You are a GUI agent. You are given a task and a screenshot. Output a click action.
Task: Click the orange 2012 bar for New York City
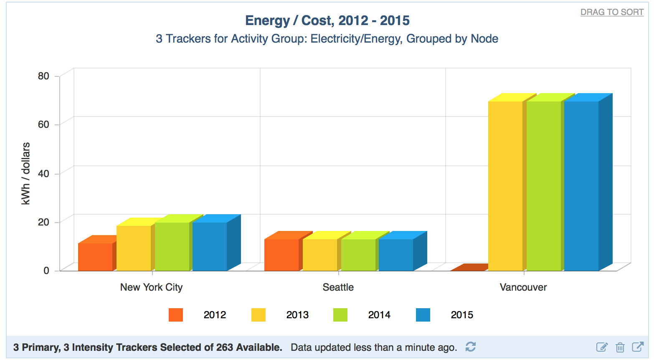(x=95, y=257)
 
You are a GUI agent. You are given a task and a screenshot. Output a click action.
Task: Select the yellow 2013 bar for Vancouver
(x=505, y=186)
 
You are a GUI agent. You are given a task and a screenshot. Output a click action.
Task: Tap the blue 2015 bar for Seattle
(x=396, y=255)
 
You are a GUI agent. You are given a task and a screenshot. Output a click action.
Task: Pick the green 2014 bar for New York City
(x=172, y=246)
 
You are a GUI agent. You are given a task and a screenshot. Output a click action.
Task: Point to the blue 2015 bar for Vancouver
(x=581, y=186)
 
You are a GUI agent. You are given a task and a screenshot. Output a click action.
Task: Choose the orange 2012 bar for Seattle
(x=281, y=255)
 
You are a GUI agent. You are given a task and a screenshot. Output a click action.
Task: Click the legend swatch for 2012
(x=176, y=315)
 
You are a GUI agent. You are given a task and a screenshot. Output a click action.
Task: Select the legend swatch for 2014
(x=340, y=315)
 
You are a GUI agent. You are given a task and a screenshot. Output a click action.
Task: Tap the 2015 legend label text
(x=462, y=315)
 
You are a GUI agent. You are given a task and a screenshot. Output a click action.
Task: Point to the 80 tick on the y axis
(x=43, y=76)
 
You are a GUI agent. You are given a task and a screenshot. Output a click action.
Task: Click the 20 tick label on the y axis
(x=43, y=222)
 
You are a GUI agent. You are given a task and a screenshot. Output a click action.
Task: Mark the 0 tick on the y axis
(x=46, y=271)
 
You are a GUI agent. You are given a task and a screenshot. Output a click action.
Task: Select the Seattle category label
(x=338, y=287)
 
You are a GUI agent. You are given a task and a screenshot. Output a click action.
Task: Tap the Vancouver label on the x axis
(x=523, y=287)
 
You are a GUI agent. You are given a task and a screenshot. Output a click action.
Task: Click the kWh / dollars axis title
(x=26, y=173)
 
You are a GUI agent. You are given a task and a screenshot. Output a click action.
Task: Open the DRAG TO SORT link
(x=612, y=12)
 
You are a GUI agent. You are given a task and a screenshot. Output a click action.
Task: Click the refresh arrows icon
(x=471, y=347)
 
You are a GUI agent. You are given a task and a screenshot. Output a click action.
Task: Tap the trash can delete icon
(x=620, y=347)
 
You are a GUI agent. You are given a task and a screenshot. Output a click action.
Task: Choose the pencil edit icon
(x=602, y=347)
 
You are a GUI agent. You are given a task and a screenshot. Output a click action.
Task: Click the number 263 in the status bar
(x=225, y=347)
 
